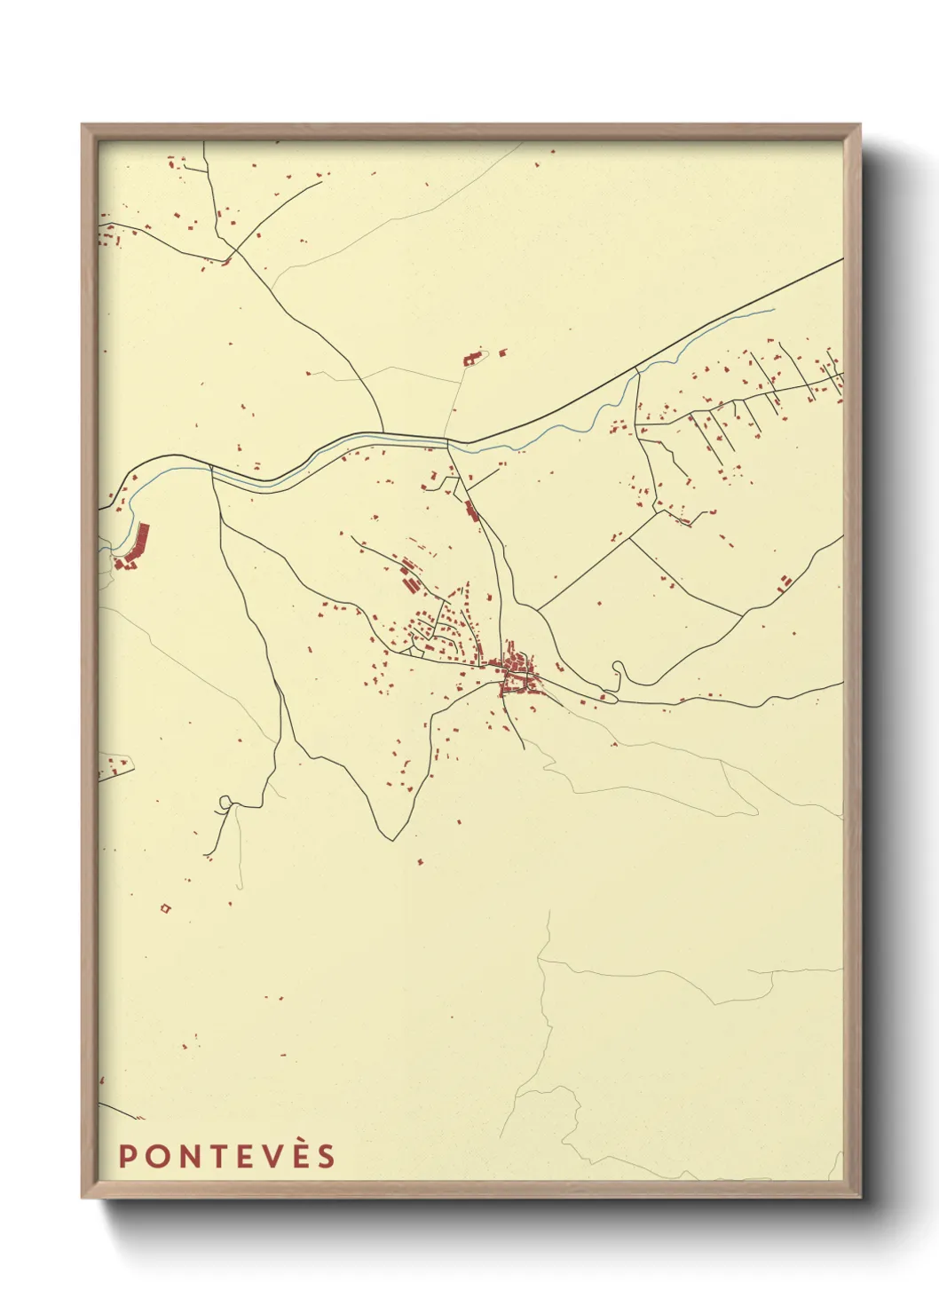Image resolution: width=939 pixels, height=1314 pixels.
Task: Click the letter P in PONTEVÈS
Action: (126, 1157)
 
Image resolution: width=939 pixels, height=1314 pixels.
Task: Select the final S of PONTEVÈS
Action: (327, 1157)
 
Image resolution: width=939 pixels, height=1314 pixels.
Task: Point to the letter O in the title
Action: (154, 1157)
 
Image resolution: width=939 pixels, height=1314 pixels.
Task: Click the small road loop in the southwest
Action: (225, 803)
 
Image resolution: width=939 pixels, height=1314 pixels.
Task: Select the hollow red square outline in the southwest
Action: (165, 907)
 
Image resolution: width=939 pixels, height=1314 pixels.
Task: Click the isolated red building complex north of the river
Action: (472, 360)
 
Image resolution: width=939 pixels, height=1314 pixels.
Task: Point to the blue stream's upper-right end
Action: (773, 310)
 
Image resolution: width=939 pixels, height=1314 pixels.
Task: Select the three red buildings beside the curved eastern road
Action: (785, 582)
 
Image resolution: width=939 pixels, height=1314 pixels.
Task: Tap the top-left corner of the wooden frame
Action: (83, 125)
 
